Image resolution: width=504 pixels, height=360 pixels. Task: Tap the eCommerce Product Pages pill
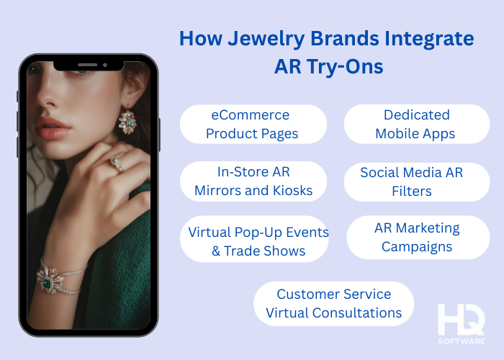252,124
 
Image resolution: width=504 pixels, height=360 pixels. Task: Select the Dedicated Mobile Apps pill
416,124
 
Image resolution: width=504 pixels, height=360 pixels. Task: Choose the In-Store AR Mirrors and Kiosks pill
253,181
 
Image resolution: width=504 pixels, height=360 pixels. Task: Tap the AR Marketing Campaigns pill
417,237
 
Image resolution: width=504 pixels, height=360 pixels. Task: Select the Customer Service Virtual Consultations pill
333,303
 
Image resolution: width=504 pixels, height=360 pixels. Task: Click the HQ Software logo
461,323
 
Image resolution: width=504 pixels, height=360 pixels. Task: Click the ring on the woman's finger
115,164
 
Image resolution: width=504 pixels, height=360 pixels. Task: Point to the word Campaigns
417,246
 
